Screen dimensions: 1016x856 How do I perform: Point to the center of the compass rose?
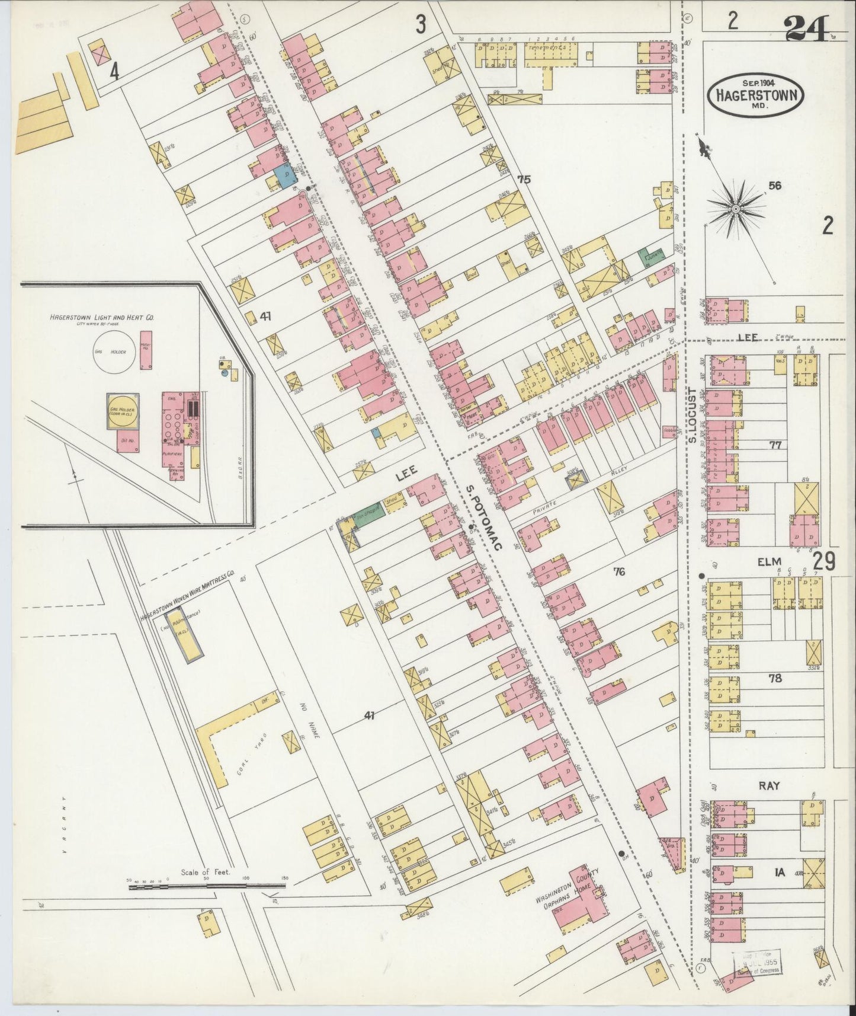[x=735, y=209]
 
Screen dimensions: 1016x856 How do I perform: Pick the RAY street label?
[x=769, y=785]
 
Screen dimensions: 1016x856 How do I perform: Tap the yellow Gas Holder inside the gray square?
[x=123, y=412]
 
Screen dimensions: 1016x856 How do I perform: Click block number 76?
[x=620, y=572]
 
